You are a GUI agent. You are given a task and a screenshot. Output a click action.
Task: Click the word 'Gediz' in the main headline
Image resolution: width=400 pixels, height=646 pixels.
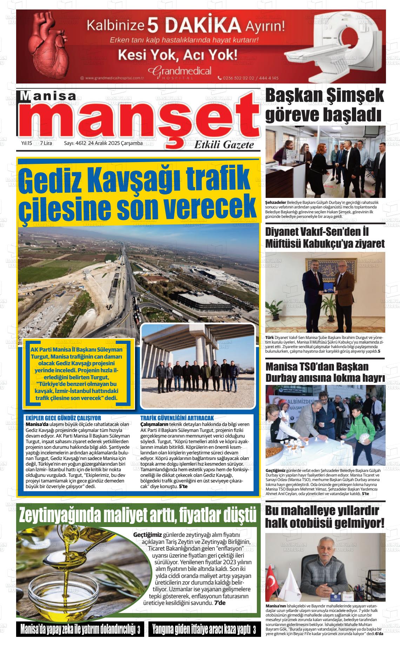(53, 179)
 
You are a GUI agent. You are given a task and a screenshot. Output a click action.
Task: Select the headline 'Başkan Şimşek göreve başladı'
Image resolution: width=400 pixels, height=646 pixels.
(325, 105)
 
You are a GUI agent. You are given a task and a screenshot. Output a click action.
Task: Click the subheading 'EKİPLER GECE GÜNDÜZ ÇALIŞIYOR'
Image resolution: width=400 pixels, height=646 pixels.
(64, 418)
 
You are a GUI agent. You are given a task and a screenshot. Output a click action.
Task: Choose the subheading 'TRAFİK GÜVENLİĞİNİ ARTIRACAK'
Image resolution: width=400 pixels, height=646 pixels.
(177, 418)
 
